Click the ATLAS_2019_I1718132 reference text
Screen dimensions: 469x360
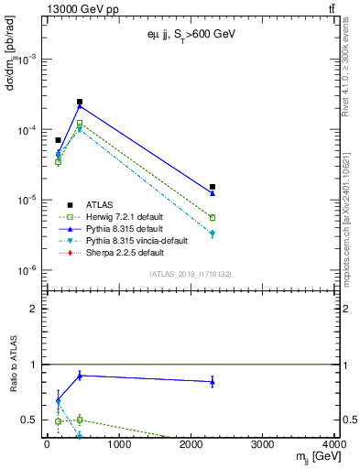coord(189,274)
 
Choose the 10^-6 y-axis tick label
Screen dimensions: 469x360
coord(26,271)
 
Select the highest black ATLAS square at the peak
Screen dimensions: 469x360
coord(80,102)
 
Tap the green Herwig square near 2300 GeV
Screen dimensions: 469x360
coord(213,218)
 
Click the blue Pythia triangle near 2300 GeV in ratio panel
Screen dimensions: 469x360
coord(213,382)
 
